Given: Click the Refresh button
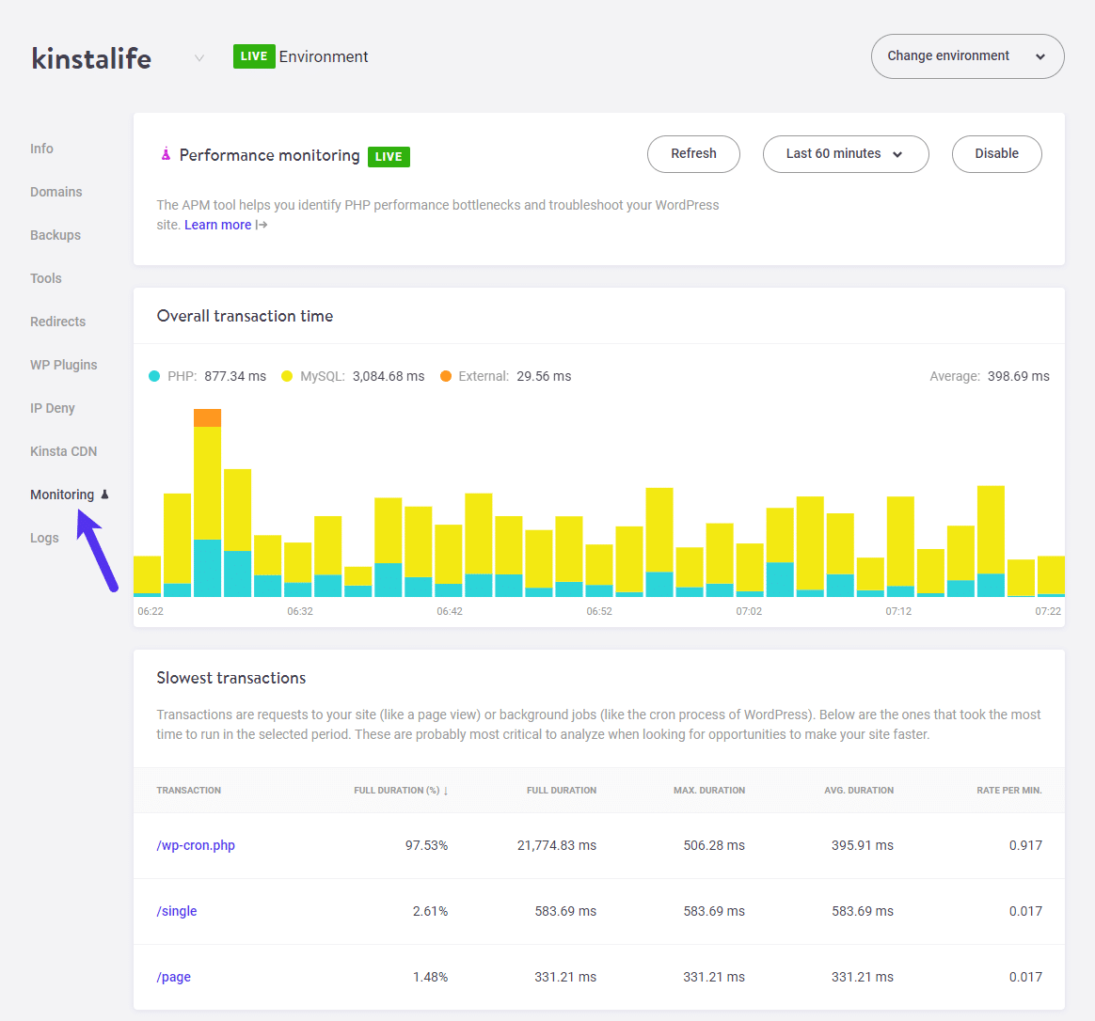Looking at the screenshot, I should coord(693,154).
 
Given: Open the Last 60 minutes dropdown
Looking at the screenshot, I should coord(845,154).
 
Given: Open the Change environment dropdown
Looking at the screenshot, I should coord(967,56).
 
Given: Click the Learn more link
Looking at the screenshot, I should coord(218,225).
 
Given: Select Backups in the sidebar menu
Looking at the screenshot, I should coord(56,235).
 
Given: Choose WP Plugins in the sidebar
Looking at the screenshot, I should coord(63,365).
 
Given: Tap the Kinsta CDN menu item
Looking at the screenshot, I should coord(63,451).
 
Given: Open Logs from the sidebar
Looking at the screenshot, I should coord(44,538).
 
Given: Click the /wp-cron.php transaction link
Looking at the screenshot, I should coord(196,845).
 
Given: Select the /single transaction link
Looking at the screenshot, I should coord(177,911).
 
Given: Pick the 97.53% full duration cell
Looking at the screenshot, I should coord(426,845).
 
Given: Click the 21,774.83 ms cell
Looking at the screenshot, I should coord(556,845).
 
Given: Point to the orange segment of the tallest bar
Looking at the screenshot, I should coord(207,417).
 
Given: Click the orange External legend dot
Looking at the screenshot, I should coord(446,376).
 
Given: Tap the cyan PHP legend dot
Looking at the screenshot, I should coord(154,376).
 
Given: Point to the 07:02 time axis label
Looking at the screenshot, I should coord(749,611).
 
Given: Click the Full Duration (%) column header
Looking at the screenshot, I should coord(400,791).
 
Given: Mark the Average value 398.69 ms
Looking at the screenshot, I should coord(1018,376).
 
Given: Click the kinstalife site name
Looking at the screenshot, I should coord(91,58).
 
